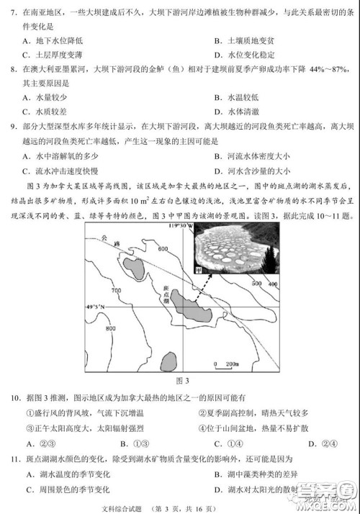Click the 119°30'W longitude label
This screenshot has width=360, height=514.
[x=180, y=226]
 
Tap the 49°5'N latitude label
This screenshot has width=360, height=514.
[x=95, y=307]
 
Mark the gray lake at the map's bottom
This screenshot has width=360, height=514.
[x=168, y=361]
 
